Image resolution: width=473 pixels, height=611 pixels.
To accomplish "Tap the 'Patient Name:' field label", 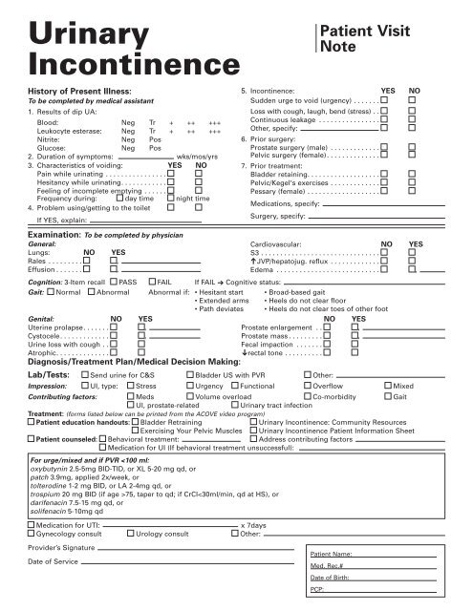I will [x=333, y=555].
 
